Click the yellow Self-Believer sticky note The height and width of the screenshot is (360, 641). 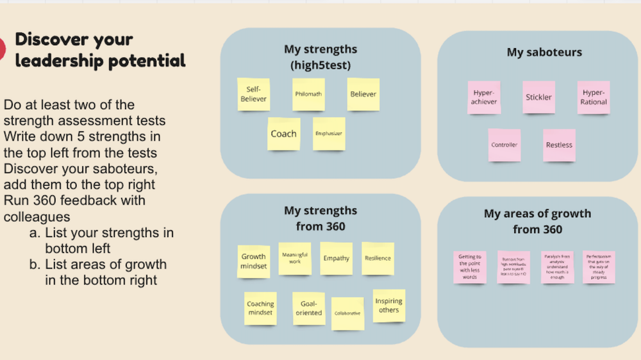click(x=253, y=94)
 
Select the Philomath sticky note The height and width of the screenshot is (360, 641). click(x=308, y=94)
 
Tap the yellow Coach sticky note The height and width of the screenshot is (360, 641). click(x=283, y=134)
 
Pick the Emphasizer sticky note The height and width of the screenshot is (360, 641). click(x=329, y=134)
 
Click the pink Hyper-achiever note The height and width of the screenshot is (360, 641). click(x=484, y=97)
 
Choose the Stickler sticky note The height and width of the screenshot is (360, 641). click(x=538, y=97)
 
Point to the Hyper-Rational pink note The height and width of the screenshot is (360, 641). click(x=594, y=97)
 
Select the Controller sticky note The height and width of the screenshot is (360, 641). click(x=504, y=145)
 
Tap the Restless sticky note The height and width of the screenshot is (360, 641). click(x=559, y=145)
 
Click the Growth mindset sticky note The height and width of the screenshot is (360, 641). click(x=253, y=261)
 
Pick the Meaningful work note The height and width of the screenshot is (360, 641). click(x=295, y=258)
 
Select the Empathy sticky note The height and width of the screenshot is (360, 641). click(x=337, y=258)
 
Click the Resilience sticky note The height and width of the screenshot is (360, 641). click(x=378, y=258)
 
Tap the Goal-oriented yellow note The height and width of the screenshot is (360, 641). click(x=309, y=308)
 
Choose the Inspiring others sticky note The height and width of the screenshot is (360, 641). click(x=389, y=306)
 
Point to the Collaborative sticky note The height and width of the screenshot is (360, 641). click(x=347, y=313)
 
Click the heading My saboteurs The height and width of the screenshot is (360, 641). click(x=544, y=52)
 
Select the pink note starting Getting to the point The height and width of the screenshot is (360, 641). click(x=470, y=267)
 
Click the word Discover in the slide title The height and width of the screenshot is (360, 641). click(x=53, y=40)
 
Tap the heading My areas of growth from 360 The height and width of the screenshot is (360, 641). click(x=537, y=221)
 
